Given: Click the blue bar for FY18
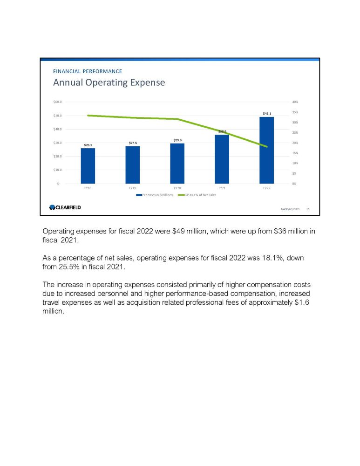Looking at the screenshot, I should pyautogui.click(x=88, y=166).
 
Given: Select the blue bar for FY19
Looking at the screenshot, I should pyautogui.click(x=132, y=165).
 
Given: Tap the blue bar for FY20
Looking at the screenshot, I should pyautogui.click(x=177, y=164).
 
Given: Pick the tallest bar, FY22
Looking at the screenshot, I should pyautogui.click(x=266, y=150).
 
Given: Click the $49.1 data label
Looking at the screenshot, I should pyautogui.click(x=267, y=113).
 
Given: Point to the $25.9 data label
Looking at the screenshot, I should pyautogui.click(x=88, y=145).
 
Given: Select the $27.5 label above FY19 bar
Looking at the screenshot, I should pyautogui.click(x=133, y=143).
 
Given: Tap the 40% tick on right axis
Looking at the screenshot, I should pyautogui.click(x=295, y=102).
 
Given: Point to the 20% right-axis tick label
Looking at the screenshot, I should pyautogui.click(x=295, y=143).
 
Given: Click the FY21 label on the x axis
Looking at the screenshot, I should pyautogui.click(x=222, y=188).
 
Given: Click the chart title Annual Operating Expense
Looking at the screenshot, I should pyautogui.click(x=109, y=83).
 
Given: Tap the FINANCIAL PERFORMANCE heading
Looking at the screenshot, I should pyautogui.click(x=88, y=71).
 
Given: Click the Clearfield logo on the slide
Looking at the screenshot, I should pyautogui.click(x=65, y=207).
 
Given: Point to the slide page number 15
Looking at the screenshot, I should pyautogui.click(x=307, y=209).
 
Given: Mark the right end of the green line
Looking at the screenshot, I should pyautogui.click(x=267, y=147).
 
